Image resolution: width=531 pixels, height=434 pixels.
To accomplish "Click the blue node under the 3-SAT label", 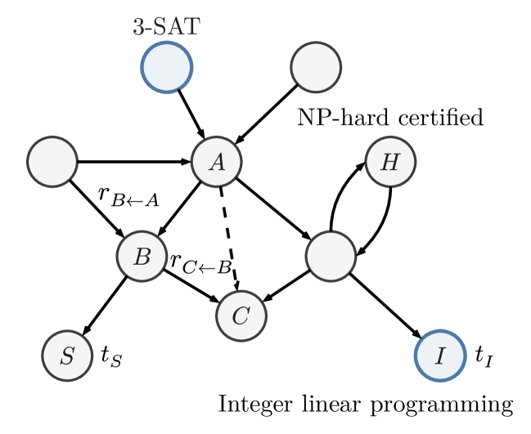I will point(167,67).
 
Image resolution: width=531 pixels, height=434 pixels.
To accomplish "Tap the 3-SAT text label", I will point(166,27).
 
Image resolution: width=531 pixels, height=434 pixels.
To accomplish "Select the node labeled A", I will point(217,162).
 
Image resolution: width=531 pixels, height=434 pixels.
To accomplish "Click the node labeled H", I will point(390,162).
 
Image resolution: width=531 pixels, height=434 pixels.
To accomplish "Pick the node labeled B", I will point(142,257).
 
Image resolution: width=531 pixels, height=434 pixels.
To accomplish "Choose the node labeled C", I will point(241,315).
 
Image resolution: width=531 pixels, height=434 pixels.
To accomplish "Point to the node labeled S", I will point(67,356).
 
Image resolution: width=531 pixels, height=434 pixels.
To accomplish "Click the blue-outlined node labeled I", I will point(440,356).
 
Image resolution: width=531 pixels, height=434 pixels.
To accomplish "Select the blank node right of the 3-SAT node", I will point(316,67).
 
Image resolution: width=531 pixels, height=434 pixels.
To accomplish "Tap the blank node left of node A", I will point(52,162).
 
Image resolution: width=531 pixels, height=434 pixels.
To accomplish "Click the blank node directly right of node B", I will point(331,257).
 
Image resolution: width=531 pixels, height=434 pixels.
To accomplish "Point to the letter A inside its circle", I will point(217,163).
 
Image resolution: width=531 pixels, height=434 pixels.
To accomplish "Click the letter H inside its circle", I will point(390,163).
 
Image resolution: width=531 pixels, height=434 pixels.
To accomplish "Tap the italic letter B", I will point(142,257).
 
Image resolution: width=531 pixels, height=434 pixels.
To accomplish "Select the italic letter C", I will point(241,316).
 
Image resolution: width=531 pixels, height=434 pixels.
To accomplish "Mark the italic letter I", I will point(440,356).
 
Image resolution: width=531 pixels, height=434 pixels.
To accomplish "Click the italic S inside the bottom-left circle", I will point(67,356).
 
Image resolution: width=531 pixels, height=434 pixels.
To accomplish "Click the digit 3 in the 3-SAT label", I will point(139,27).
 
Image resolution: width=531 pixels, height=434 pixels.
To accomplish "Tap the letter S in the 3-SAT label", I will point(160,27).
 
